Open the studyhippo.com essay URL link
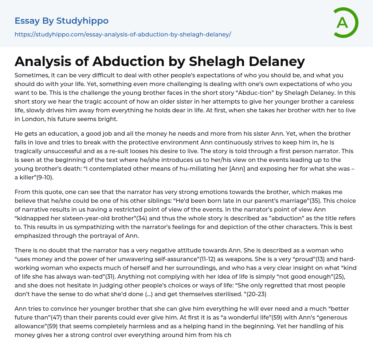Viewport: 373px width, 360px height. [x=123, y=34]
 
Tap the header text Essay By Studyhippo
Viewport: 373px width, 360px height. [x=62, y=21]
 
